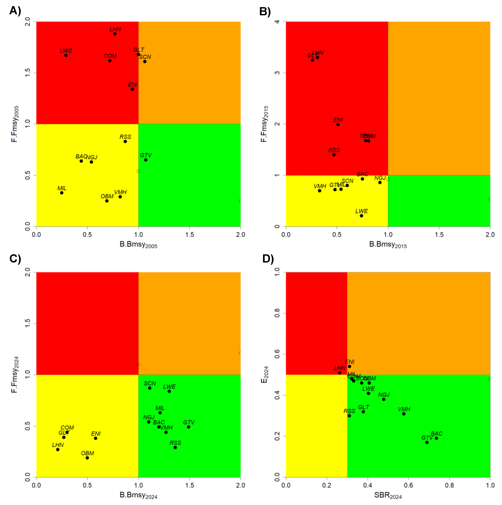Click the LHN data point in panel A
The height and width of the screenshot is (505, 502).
(x=115, y=34)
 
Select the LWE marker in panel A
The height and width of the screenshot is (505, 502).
(x=66, y=55)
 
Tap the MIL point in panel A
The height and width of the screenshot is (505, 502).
(x=62, y=193)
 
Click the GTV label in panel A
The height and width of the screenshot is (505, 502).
(x=146, y=155)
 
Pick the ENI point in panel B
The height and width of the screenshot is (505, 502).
(x=338, y=125)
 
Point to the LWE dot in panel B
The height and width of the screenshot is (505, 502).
(x=361, y=216)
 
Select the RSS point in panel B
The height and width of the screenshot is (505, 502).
(x=334, y=155)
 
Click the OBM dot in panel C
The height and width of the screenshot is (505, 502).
(x=87, y=458)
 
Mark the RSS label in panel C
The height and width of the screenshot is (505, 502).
(x=175, y=443)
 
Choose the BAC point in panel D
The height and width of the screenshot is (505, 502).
(x=436, y=438)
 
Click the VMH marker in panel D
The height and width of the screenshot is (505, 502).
(x=404, y=414)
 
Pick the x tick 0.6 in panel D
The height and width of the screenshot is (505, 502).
(x=408, y=485)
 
